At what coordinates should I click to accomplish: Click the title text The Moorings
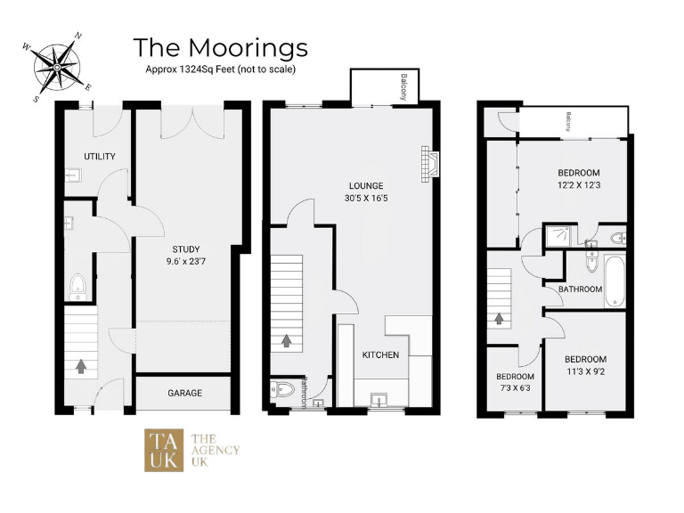pyautogui.click(x=220, y=46)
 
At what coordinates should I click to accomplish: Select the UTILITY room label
pyautogui.click(x=100, y=157)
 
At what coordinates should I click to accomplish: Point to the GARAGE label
pyautogui.click(x=184, y=393)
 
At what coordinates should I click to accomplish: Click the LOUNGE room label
pyautogui.click(x=366, y=185)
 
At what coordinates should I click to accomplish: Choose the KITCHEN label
pyautogui.click(x=380, y=354)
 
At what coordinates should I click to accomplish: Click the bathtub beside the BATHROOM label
pyautogui.click(x=615, y=281)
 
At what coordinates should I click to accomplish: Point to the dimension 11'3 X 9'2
pyautogui.click(x=585, y=373)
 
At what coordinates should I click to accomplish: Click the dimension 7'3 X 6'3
pyautogui.click(x=515, y=388)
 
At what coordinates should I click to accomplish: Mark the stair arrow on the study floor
pyautogui.click(x=81, y=365)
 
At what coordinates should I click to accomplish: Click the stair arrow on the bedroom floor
pyautogui.click(x=500, y=317)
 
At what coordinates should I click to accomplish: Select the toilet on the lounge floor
pyautogui.click(x=281, y=390)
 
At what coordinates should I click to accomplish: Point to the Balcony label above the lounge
pyautogui.click(x=403, y=86)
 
